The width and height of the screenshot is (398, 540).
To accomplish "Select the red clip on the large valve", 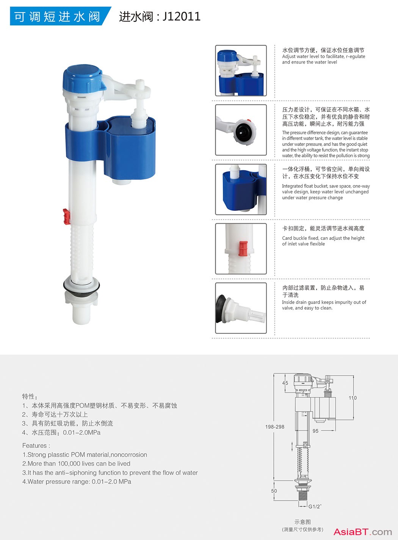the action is click(x=67, y=216).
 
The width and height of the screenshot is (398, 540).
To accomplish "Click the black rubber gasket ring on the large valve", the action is click(x=81, y=287).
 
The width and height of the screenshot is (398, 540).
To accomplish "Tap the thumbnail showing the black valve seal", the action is click(x=241, y=130).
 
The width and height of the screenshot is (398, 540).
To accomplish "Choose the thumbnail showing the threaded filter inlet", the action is click(x=241, y=308).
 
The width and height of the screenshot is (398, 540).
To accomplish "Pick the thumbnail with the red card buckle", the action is click(x=241, y=249).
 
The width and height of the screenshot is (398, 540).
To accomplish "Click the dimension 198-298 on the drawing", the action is click(x=275, y=427).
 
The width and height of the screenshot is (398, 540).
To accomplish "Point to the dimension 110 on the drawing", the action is click(x=353, y=398).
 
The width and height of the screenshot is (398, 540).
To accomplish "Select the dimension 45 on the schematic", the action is click(x=285, y=383).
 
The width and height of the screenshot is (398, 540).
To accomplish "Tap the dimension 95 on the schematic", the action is click(x=315, y=431).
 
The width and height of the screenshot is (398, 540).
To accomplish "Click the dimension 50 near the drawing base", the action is click(x=274, y=491).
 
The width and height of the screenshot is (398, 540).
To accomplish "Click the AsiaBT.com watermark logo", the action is click(x=363, y=532).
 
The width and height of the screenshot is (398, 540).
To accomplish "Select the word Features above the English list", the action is click(x=34, y=446).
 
